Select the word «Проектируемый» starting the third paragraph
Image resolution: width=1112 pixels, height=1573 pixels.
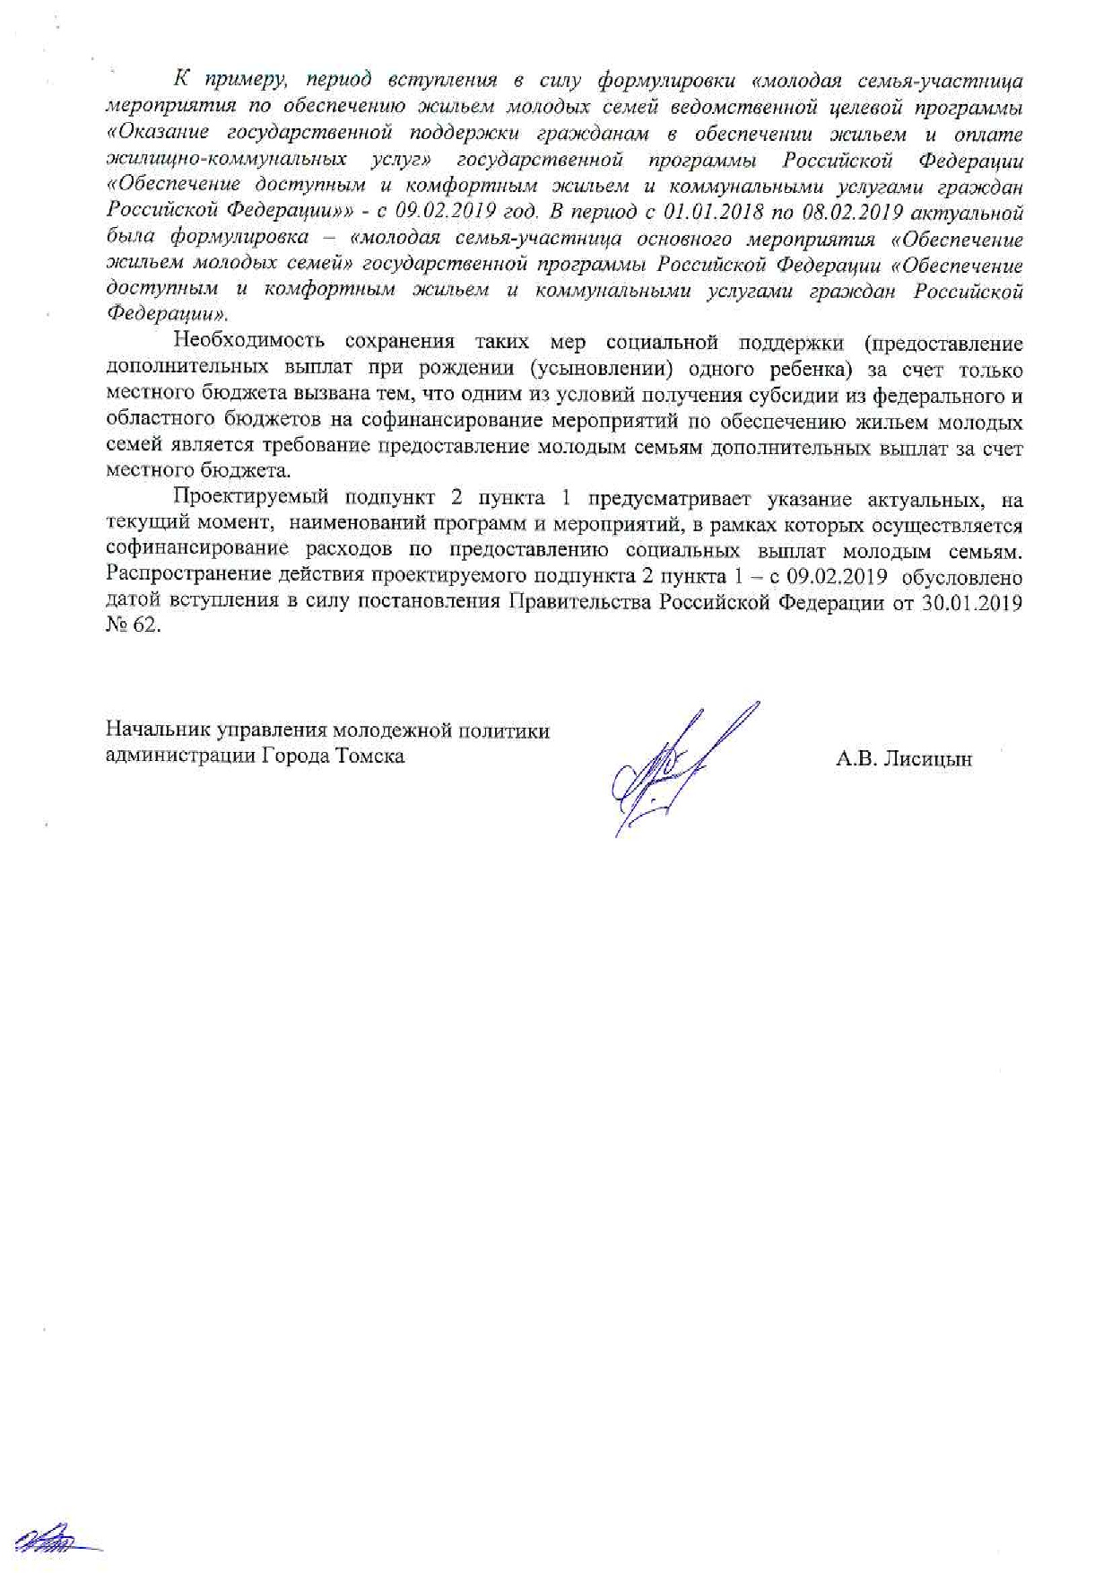click(239, 500)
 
